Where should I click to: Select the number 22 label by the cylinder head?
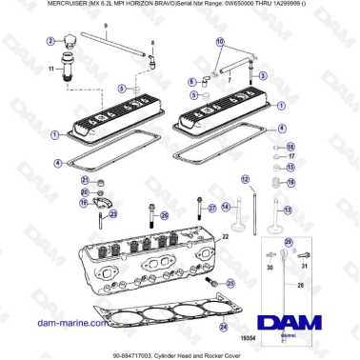point(225,235)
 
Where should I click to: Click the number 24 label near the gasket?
point(223,327)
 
